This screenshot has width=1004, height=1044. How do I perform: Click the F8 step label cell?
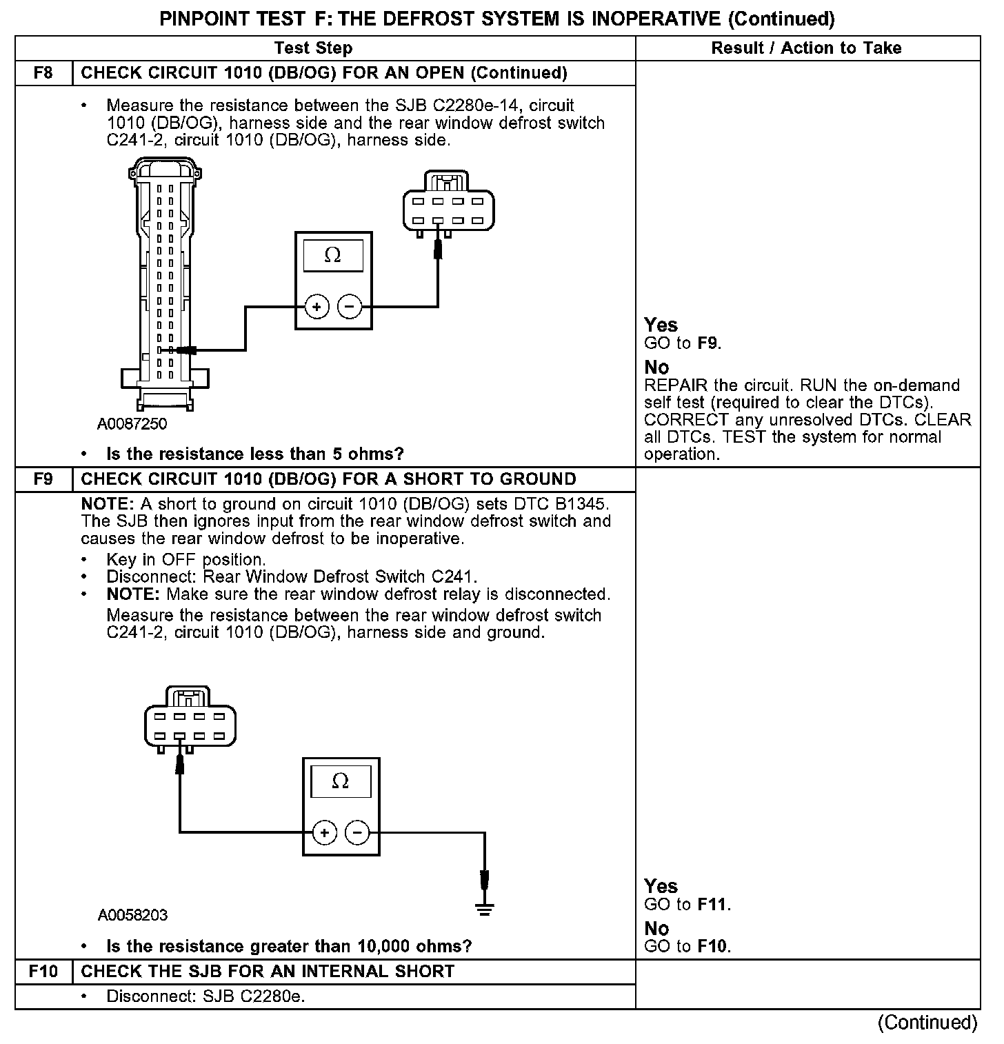[43, 73]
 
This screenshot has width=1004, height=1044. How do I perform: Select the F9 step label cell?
[43, 479]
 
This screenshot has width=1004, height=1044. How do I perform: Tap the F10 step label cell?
[43, 972]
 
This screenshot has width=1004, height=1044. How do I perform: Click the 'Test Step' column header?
[313, 48]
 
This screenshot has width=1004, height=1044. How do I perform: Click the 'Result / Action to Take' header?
[806, 48]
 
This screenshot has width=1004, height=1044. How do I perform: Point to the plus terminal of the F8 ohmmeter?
[317, 307]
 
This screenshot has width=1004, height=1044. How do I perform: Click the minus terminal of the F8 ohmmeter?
[350, 307]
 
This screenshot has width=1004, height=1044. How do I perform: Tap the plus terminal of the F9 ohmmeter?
[324, 833]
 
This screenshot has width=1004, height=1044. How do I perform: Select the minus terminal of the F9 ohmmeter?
[357, 833]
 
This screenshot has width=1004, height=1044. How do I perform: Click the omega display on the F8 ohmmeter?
[332, 256]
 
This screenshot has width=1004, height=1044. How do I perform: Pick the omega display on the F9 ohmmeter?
[340, 781]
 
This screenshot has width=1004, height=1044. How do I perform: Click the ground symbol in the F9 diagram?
[485, 909]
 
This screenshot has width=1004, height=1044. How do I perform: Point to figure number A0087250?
[132, 424]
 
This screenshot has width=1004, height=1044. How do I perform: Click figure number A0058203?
[132, 916]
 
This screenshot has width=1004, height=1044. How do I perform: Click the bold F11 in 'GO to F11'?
[712, 905]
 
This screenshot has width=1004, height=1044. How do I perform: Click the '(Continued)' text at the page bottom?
[927, 1023]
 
